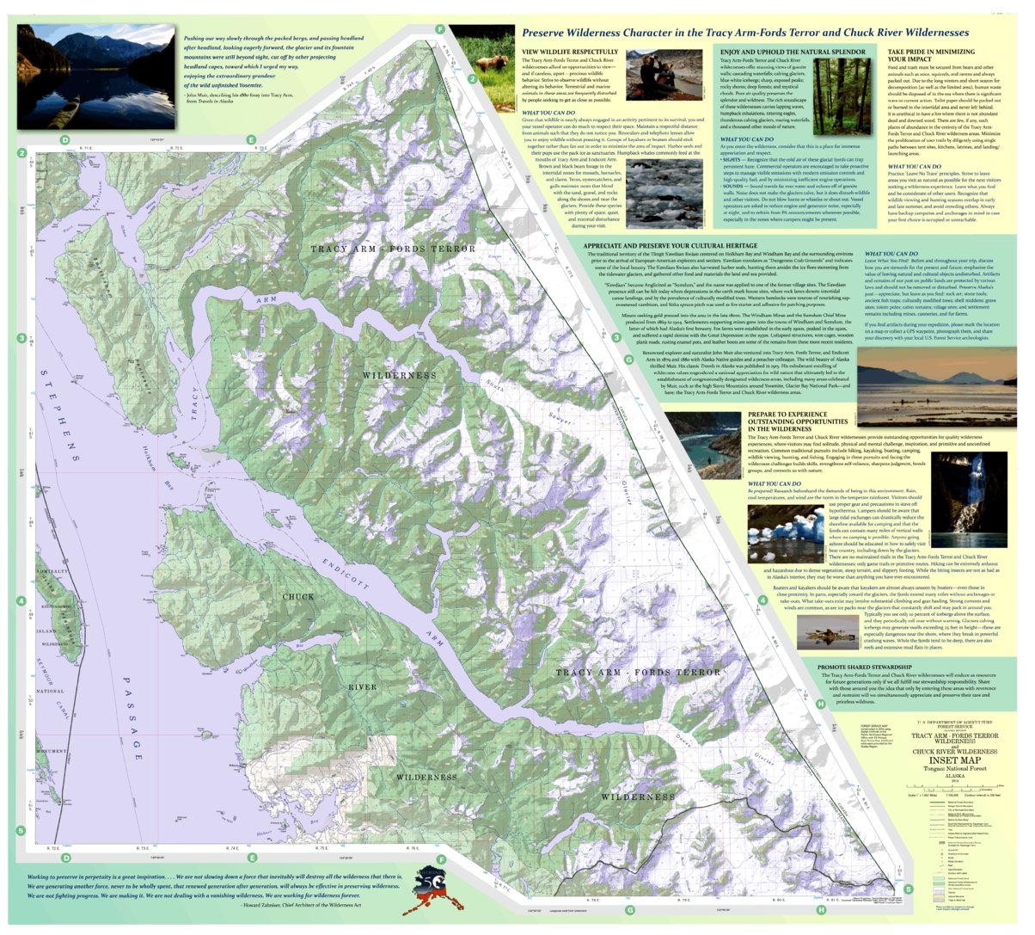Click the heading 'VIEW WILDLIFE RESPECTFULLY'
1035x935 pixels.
[569, 52]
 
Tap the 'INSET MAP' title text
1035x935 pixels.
[954, 760]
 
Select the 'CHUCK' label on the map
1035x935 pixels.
[298, 596]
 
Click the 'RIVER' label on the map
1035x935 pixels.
[362, 687]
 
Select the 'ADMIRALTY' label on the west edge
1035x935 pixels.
[52, 572]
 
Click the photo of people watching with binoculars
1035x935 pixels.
[651, 75]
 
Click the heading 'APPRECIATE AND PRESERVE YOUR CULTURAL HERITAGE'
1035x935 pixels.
[683, 246]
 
